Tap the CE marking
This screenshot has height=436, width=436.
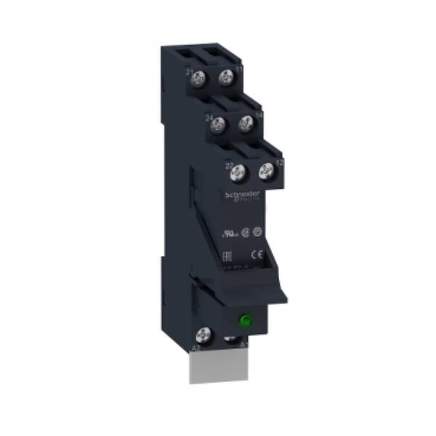tap(256, 254)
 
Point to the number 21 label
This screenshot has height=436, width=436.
tap(190, 73)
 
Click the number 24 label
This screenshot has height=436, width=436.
tap(209, 118)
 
